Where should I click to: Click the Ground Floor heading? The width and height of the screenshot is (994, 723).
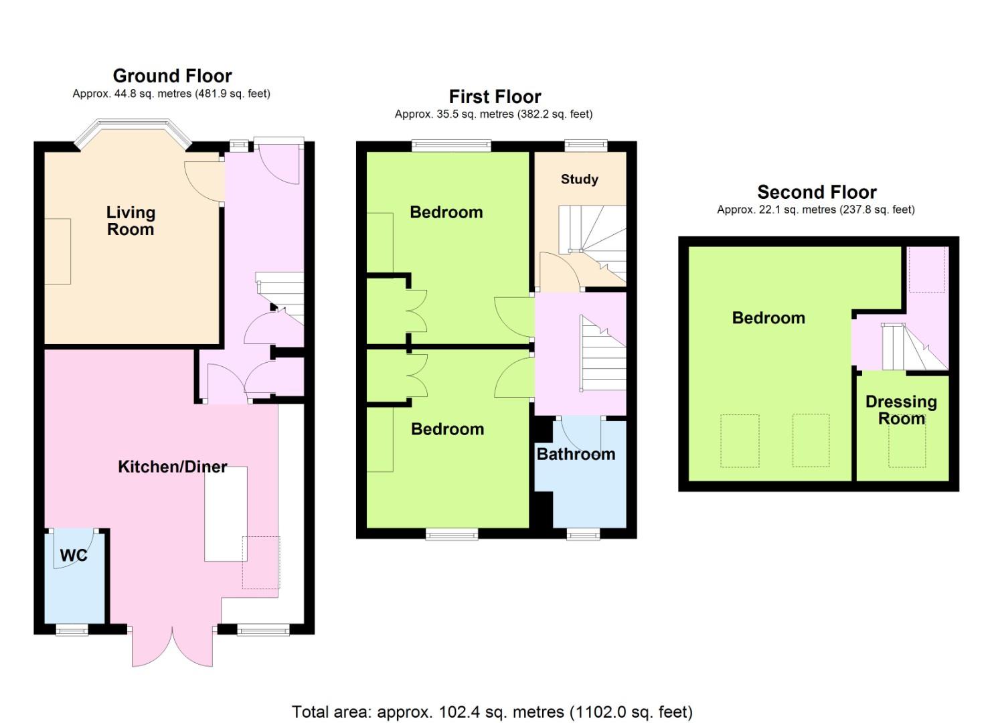[x=172, y=76]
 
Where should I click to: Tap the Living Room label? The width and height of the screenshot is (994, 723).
[x=131, y=221]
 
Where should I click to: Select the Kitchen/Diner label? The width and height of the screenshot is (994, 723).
[x=173, y=467]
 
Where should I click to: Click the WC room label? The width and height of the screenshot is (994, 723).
[x=74, y=555]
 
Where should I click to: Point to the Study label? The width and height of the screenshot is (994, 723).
[x=580, y=179]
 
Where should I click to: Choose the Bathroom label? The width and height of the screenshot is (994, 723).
[x=576, y=454]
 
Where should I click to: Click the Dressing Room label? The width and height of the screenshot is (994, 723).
[x=901, y=410]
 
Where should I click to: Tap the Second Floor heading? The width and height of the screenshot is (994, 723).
[x=817, y=192]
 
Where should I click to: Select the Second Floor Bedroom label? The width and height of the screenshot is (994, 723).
[x=768, y=318]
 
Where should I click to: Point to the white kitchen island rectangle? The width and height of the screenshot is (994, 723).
[x=226, y=514]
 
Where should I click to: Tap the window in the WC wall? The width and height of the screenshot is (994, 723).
[x=72, y=630]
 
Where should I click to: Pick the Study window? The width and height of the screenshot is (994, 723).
[x=586, y=146]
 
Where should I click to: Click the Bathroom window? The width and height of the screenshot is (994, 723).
[x=584, y=534]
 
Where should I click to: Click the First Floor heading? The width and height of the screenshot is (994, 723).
[x=495, y=97]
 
